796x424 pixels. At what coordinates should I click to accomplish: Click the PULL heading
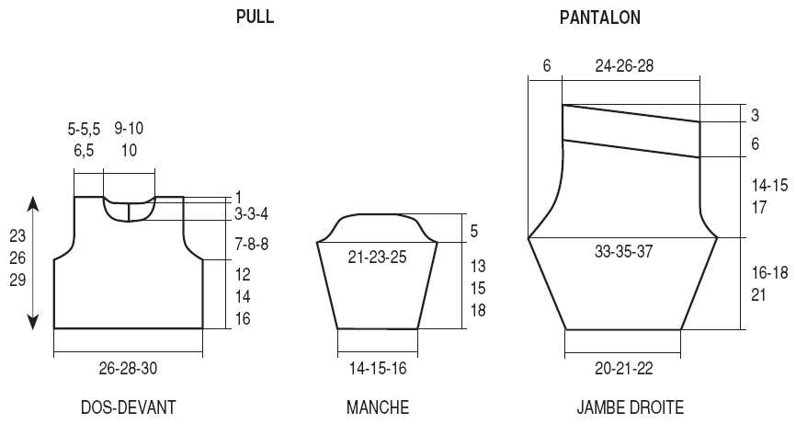coord(255,17)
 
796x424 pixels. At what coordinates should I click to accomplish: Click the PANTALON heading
coord(600,17)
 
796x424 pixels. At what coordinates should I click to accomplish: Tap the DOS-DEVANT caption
coord(129,407)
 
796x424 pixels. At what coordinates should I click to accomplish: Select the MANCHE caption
coord(378,407)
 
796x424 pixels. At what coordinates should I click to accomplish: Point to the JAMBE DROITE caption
coord(630,407)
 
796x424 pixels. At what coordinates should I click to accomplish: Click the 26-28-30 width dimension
coord(128,368)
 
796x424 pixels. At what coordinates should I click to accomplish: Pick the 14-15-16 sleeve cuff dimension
coord(378,368)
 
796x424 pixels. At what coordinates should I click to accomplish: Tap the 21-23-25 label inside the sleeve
coord(377,257)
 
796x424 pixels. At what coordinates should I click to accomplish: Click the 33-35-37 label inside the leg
coord(623,251)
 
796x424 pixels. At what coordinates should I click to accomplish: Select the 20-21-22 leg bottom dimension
coord(624,368)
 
